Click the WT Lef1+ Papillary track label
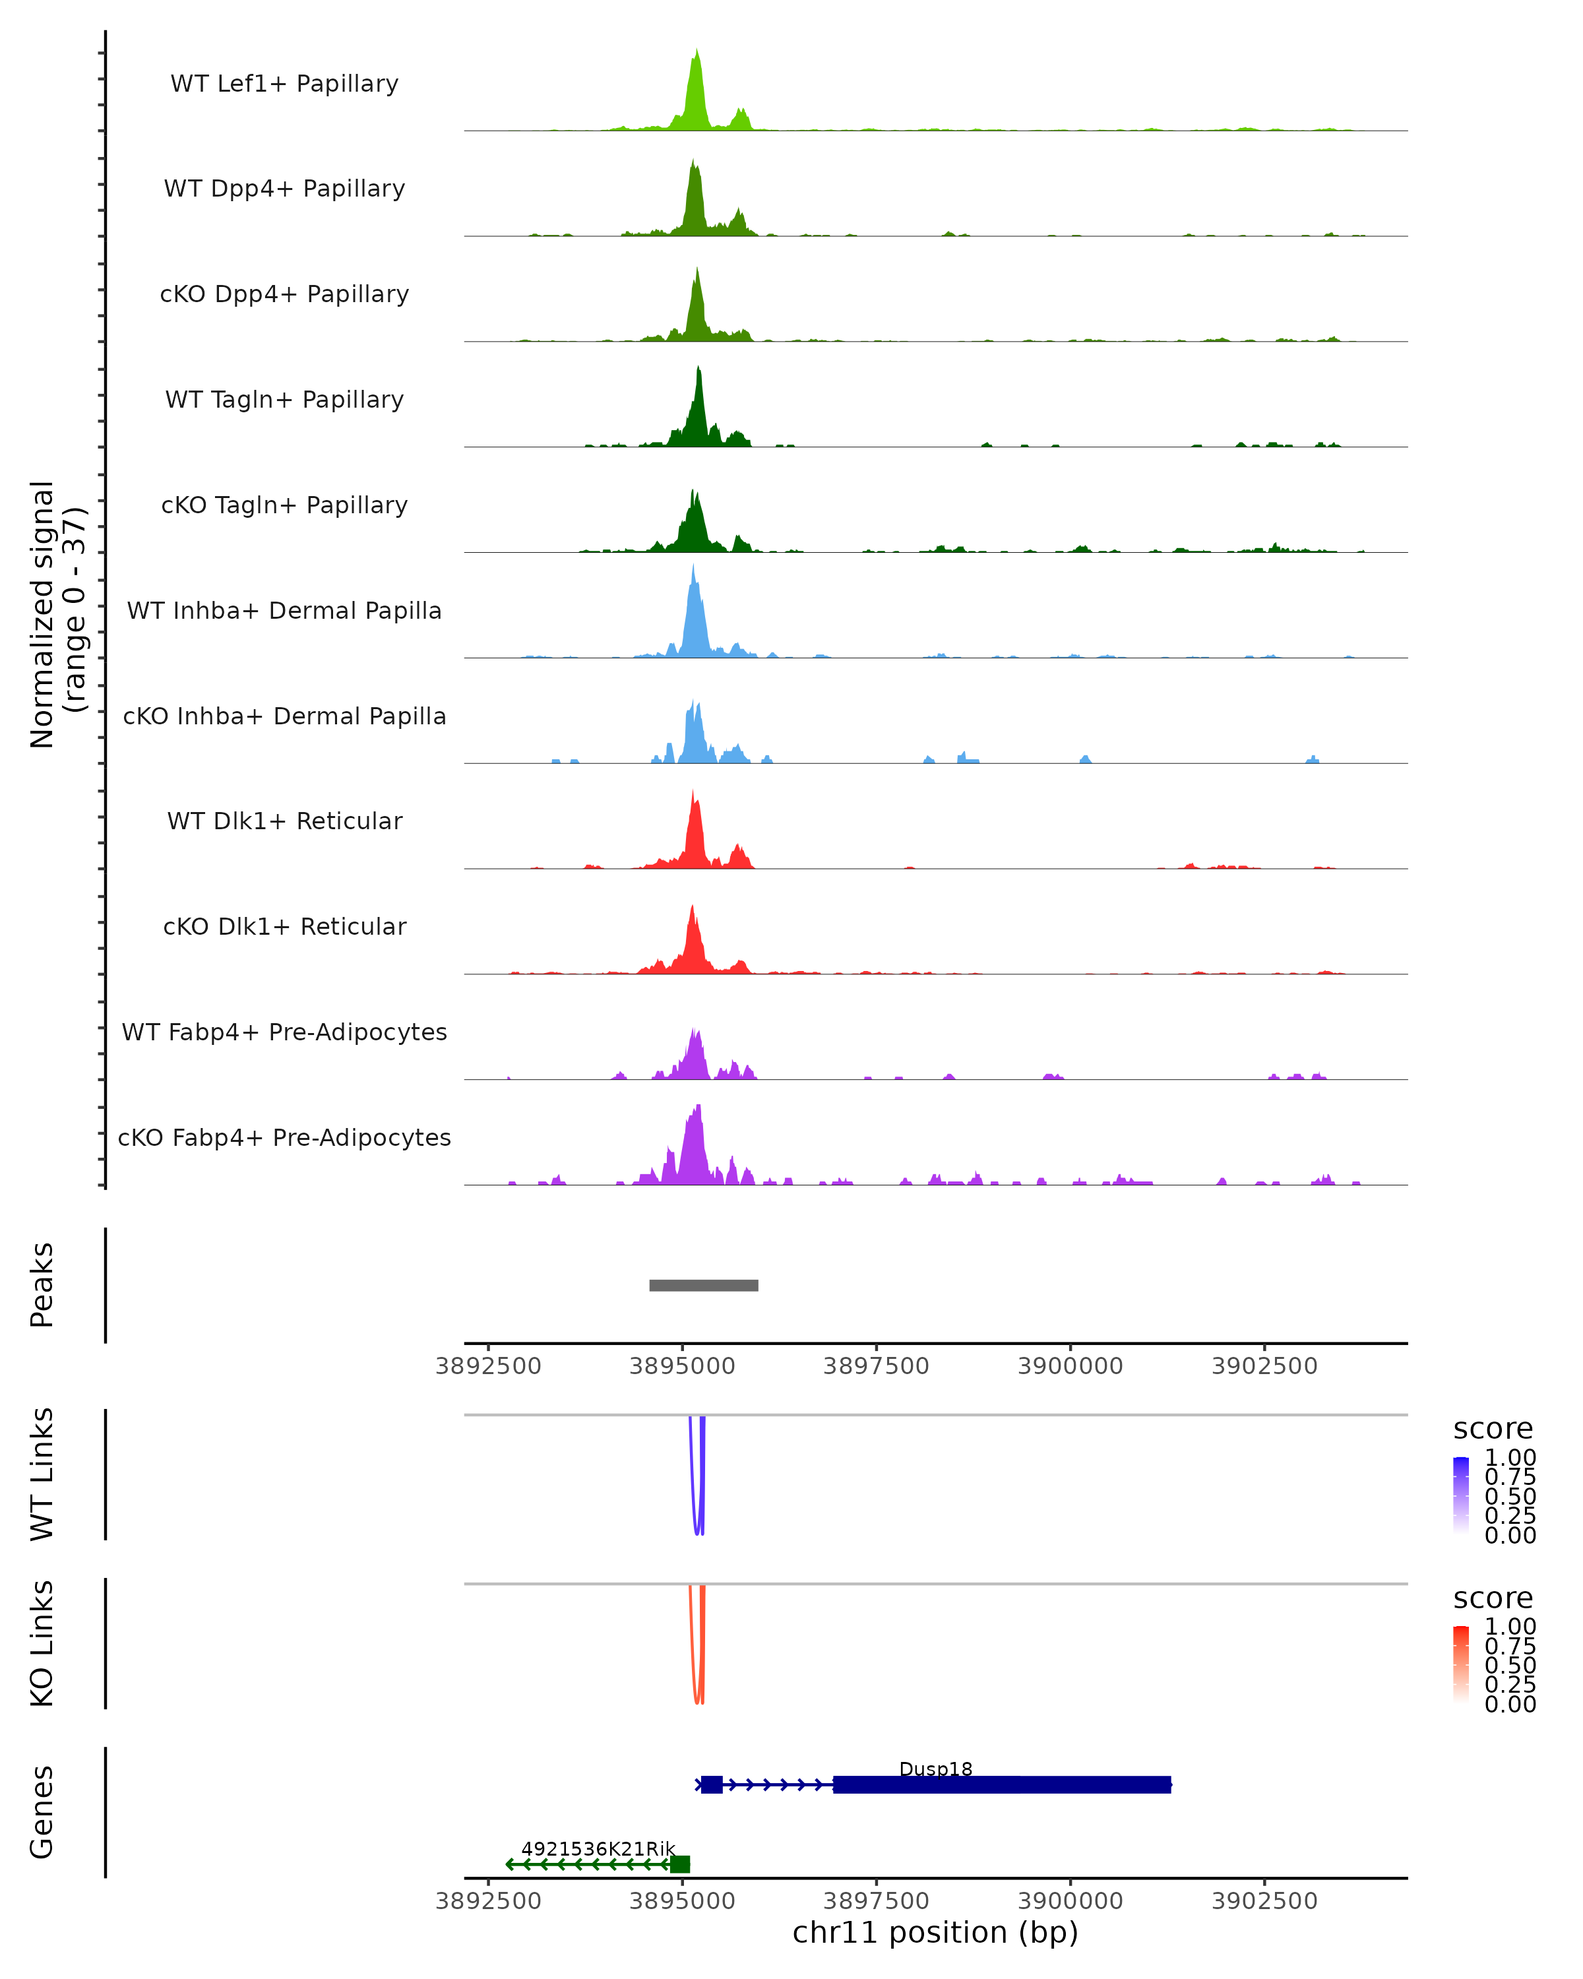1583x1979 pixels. (x=284, y=84)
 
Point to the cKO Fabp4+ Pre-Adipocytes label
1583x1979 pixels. (x=284, y=1137)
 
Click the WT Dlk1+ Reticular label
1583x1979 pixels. (x=284, y=821)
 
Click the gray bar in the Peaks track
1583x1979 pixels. (x=704, y=1285)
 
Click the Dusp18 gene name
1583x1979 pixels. (x=935, y=1768)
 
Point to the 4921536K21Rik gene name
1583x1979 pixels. (x=598, y=1848)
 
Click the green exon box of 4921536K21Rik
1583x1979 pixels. (x=680, y=1864)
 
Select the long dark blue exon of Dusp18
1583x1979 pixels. (x=1001, y=1784)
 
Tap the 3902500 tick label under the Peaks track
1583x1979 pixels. (x=1264, y=1366)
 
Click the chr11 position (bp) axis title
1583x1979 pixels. (x=935, y=1932)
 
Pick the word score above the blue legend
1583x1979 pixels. (x=1492, y=1429)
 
